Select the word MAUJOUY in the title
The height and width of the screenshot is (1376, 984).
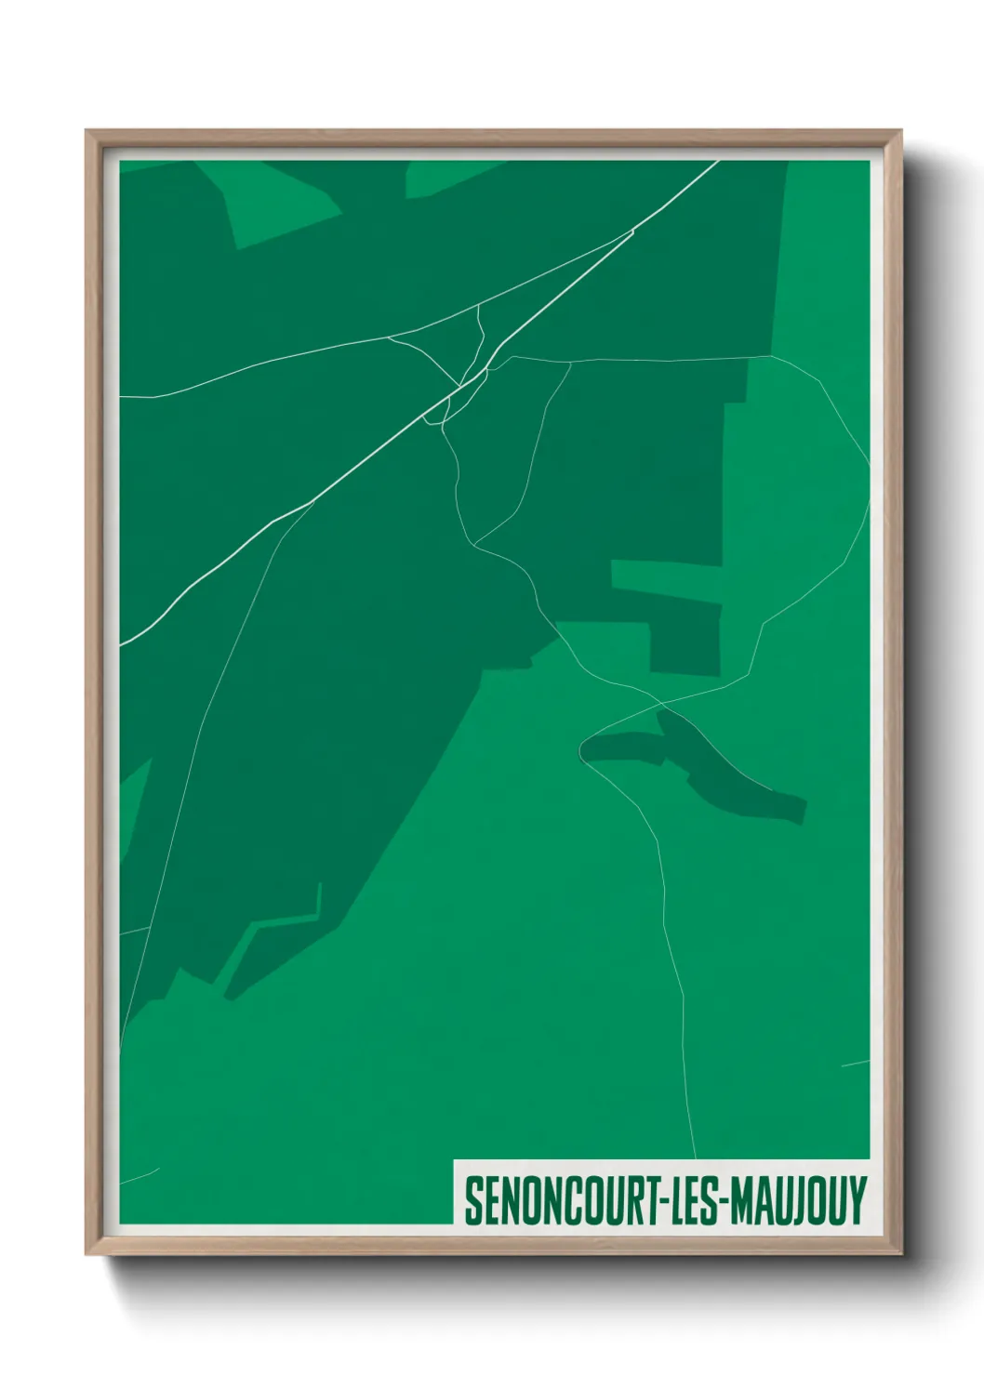pyautogui.click(x=798, y=1200)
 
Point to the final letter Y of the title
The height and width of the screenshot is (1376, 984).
pyautogui.click(x=857, y=1200)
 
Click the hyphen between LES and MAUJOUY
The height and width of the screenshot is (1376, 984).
pyautogui.click(x=725, y=1201)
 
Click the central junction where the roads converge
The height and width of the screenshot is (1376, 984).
pyautogui.click(x=459, y=385)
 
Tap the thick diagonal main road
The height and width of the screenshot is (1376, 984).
pyautogui.click(x=372, y=456)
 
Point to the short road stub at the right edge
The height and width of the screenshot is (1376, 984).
pyautogui.click(x=856, y=1063)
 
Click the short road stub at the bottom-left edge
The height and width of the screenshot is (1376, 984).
pyautogui.click(x=140, y=1176)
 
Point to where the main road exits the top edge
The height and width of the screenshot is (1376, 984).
pyautogui.click(x=718, y=162)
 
